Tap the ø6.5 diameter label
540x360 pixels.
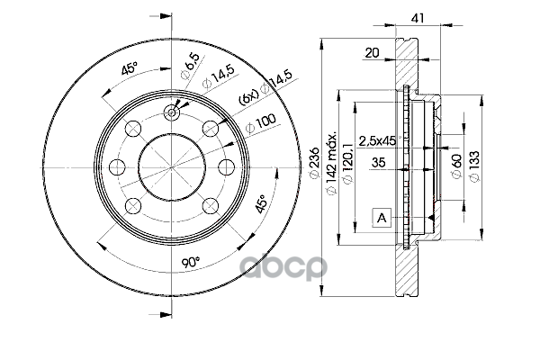coord(191,65)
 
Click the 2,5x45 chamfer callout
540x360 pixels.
coord(377,140)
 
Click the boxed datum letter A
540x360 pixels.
coord(381,217)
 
